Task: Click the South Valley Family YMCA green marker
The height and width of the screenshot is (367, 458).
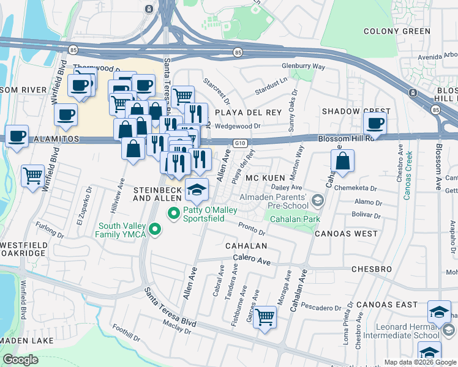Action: tap(155, 230)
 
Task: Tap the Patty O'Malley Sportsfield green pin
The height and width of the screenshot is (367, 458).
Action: tap(173, 213)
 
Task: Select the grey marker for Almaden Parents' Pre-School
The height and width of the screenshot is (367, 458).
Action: tap(317, 201)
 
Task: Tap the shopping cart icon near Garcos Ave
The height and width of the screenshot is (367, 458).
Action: tap(265, 317)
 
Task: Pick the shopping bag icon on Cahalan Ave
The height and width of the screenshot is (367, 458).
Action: tap(343, 161)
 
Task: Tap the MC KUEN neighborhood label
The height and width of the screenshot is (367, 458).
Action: tap(266, 177)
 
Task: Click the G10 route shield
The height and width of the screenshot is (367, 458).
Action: tap(240, 143)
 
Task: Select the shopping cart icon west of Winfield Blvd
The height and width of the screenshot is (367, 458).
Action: tap(33, 176)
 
